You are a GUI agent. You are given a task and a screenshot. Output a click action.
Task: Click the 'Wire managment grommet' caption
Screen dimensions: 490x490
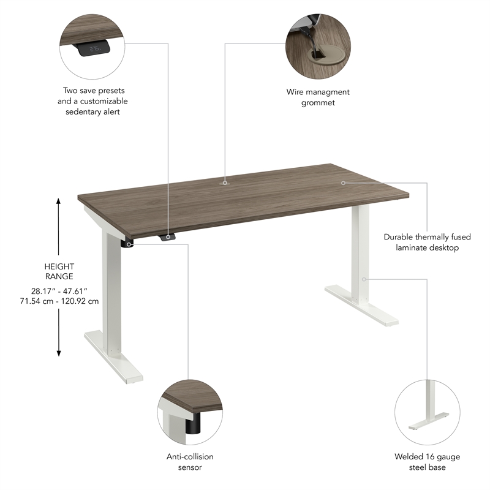[x=318, y=97]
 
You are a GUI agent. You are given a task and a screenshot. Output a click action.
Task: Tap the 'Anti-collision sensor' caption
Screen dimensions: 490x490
[x=190, y=462]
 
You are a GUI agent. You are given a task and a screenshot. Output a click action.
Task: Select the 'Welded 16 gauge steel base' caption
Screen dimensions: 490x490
[x=427, y=462]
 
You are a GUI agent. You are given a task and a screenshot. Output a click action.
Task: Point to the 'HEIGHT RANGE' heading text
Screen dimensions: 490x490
[x=59, y=271]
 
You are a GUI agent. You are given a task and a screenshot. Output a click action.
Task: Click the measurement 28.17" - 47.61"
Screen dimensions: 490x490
[x=59, y=291]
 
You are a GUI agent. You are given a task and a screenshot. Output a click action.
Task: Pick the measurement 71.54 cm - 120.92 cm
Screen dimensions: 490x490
[x=59, y=301]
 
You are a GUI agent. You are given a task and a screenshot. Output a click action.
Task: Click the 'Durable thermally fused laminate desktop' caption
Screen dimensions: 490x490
[x=421, y=242]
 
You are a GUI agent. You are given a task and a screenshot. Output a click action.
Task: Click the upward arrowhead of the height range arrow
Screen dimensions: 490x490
[x=59, y=201]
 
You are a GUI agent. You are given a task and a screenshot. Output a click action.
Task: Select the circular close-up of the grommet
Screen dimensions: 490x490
[x=318, y=43]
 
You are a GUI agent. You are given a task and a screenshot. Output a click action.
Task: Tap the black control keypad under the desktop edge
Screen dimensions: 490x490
[x=168, y=237]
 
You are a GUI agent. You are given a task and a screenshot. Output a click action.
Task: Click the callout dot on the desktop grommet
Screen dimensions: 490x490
[x=225, y=182]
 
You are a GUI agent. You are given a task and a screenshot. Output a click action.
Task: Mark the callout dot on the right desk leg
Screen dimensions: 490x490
[x=363, y=279]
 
